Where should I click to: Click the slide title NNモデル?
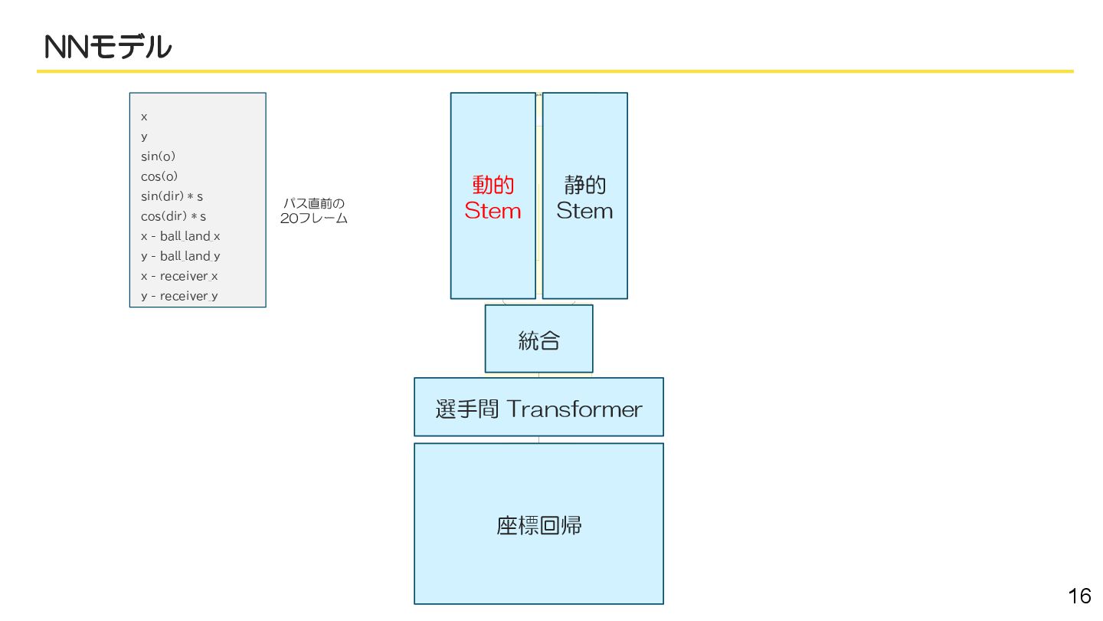[108, 48]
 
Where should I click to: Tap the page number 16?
[1079, 596]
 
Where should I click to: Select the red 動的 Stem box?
[493, 196]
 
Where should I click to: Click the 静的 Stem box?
[584, 196]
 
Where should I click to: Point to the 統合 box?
[538, 339]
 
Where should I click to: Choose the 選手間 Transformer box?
[538, 407]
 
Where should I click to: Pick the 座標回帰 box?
[538, 524]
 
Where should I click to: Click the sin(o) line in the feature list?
[158, 156]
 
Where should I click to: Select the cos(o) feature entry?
[159, 176]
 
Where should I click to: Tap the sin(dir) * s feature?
[172, 196]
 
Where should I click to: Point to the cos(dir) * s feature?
[173, 216]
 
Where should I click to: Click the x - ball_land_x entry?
[180, 236]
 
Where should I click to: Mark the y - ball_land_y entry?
[180, 256]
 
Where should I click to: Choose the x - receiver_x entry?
[179, 276]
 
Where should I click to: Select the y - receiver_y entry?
[179, 296]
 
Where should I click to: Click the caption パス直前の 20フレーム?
[314, 211]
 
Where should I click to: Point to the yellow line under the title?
[555, 71]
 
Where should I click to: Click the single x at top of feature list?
[144, 117]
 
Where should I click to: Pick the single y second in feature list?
[144, 136]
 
